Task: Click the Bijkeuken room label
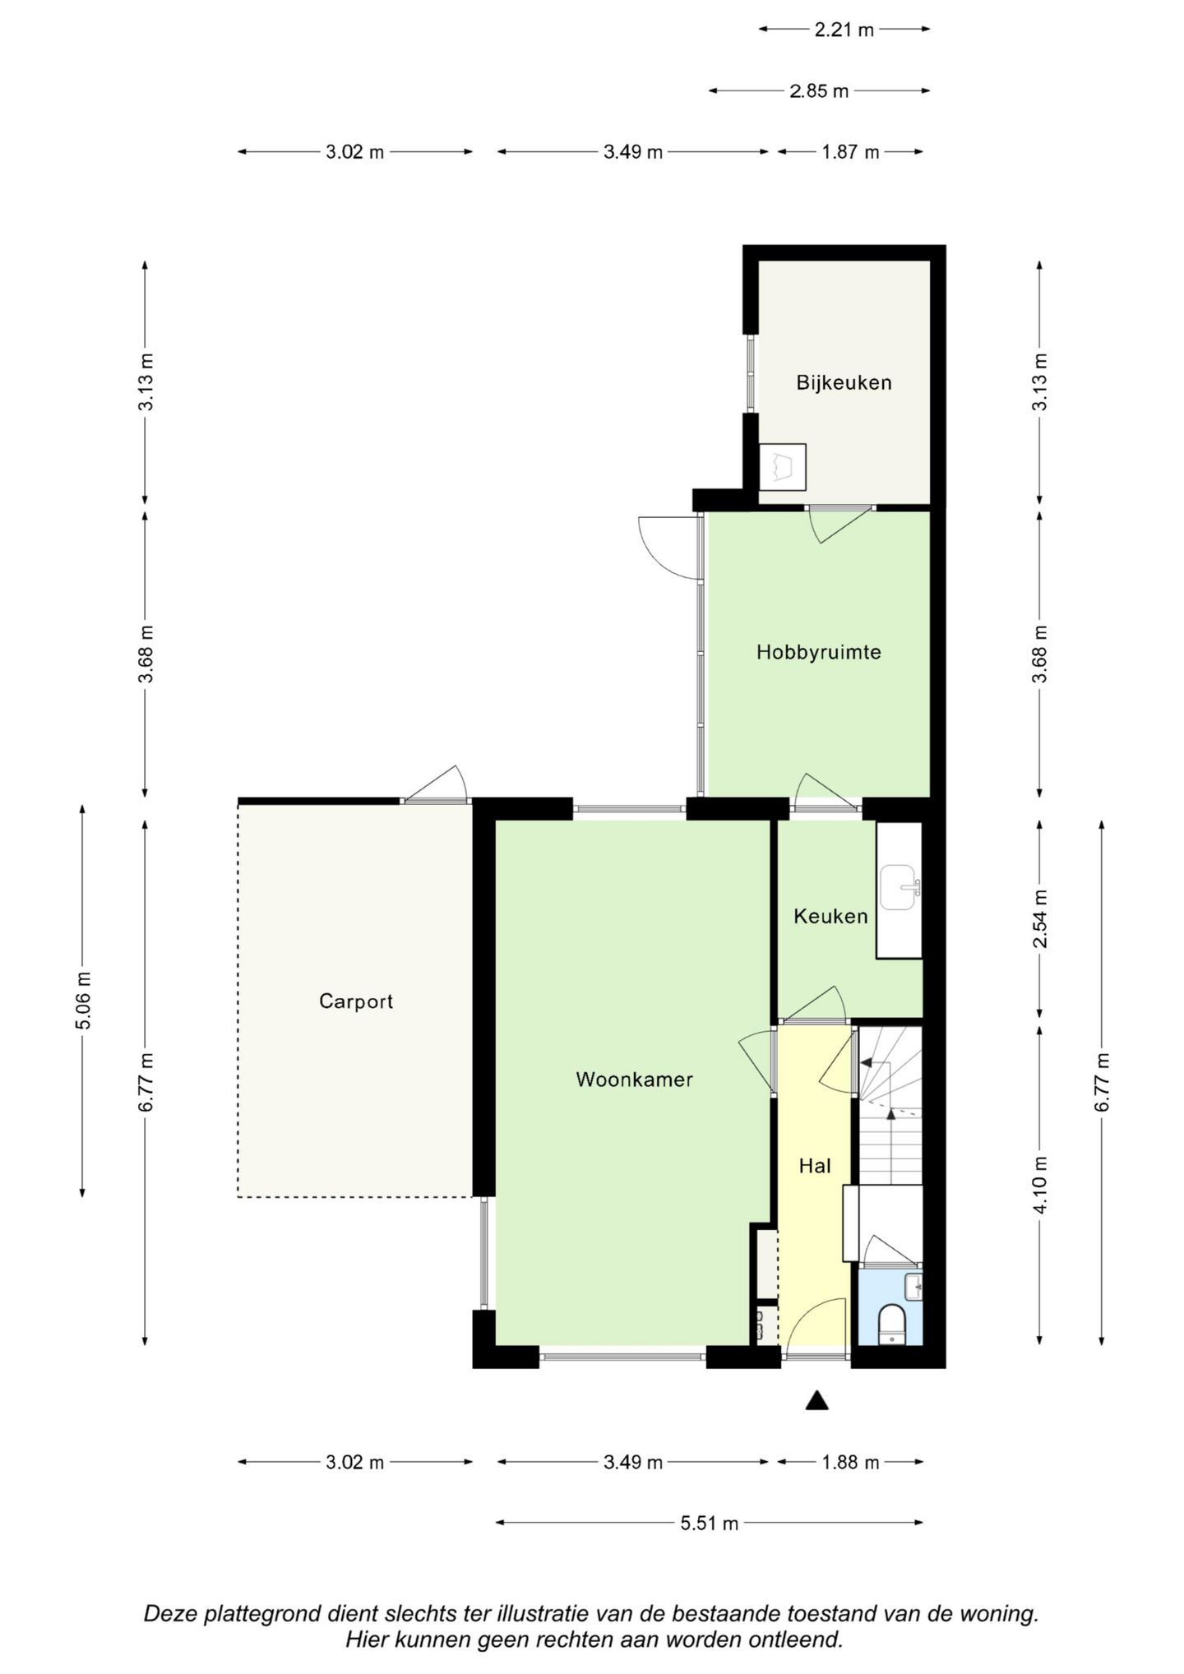coord(844,382)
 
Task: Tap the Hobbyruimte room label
coord(819,652)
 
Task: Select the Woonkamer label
coord(634,1080)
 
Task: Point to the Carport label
coord(356,1001)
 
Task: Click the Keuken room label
coord(830,916)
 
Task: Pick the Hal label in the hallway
coord(815,1166)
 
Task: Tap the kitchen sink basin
coord(900,887)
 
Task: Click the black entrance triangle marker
coord(816,1400)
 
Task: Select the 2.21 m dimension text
coord(844,30)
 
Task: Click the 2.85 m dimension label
coord(819,91)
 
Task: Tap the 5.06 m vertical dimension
coord(83,1000)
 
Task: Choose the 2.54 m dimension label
coord(1041,918)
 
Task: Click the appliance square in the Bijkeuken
coord(782,467)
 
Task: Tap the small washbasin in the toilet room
coord(913,1288)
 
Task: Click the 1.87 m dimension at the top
coord(850,152)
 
